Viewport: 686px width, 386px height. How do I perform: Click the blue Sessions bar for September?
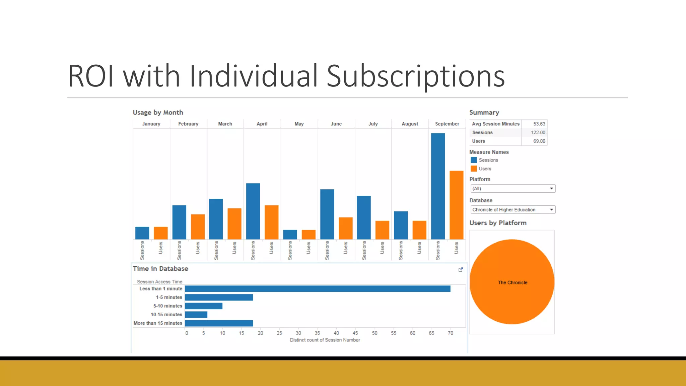click(x=438, y=186)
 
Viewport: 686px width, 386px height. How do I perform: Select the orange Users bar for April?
click(x=271, y=222)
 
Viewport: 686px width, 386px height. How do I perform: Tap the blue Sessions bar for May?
click(x=290, y=235)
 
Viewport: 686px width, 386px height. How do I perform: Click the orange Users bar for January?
click(x=160, y=233)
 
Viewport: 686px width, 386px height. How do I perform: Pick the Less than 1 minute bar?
click(x=317, y=289)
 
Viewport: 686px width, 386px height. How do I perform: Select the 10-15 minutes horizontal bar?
click(x=196, y=315)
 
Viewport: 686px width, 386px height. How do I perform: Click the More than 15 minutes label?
click(x=158, y=323)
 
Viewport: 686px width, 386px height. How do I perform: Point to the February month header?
click(x=188, y=124)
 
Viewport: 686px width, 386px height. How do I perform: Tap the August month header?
click(x=410, y=124)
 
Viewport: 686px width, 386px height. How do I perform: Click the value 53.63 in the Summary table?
click(x=539, y=124)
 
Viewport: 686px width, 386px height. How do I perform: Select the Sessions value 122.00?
click(x=538, y=133)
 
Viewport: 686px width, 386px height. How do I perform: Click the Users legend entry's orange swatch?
click(x=474, y=169)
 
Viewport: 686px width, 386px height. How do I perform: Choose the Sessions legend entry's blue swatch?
click(x=474, y=160)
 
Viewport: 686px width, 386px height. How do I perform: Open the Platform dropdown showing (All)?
click(x=512, y=189)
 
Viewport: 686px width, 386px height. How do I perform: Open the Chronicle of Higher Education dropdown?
click(x=512, y=210)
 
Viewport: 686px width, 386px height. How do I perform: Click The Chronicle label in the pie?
click(x=512, y=283)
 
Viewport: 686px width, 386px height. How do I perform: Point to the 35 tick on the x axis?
click(x=317, y=333)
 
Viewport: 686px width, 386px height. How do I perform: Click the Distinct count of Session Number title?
click(x=325, y=340)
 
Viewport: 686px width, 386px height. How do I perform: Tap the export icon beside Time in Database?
click(x=461, y=270)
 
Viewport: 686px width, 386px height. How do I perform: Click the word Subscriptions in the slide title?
click(x=415, y=76)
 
